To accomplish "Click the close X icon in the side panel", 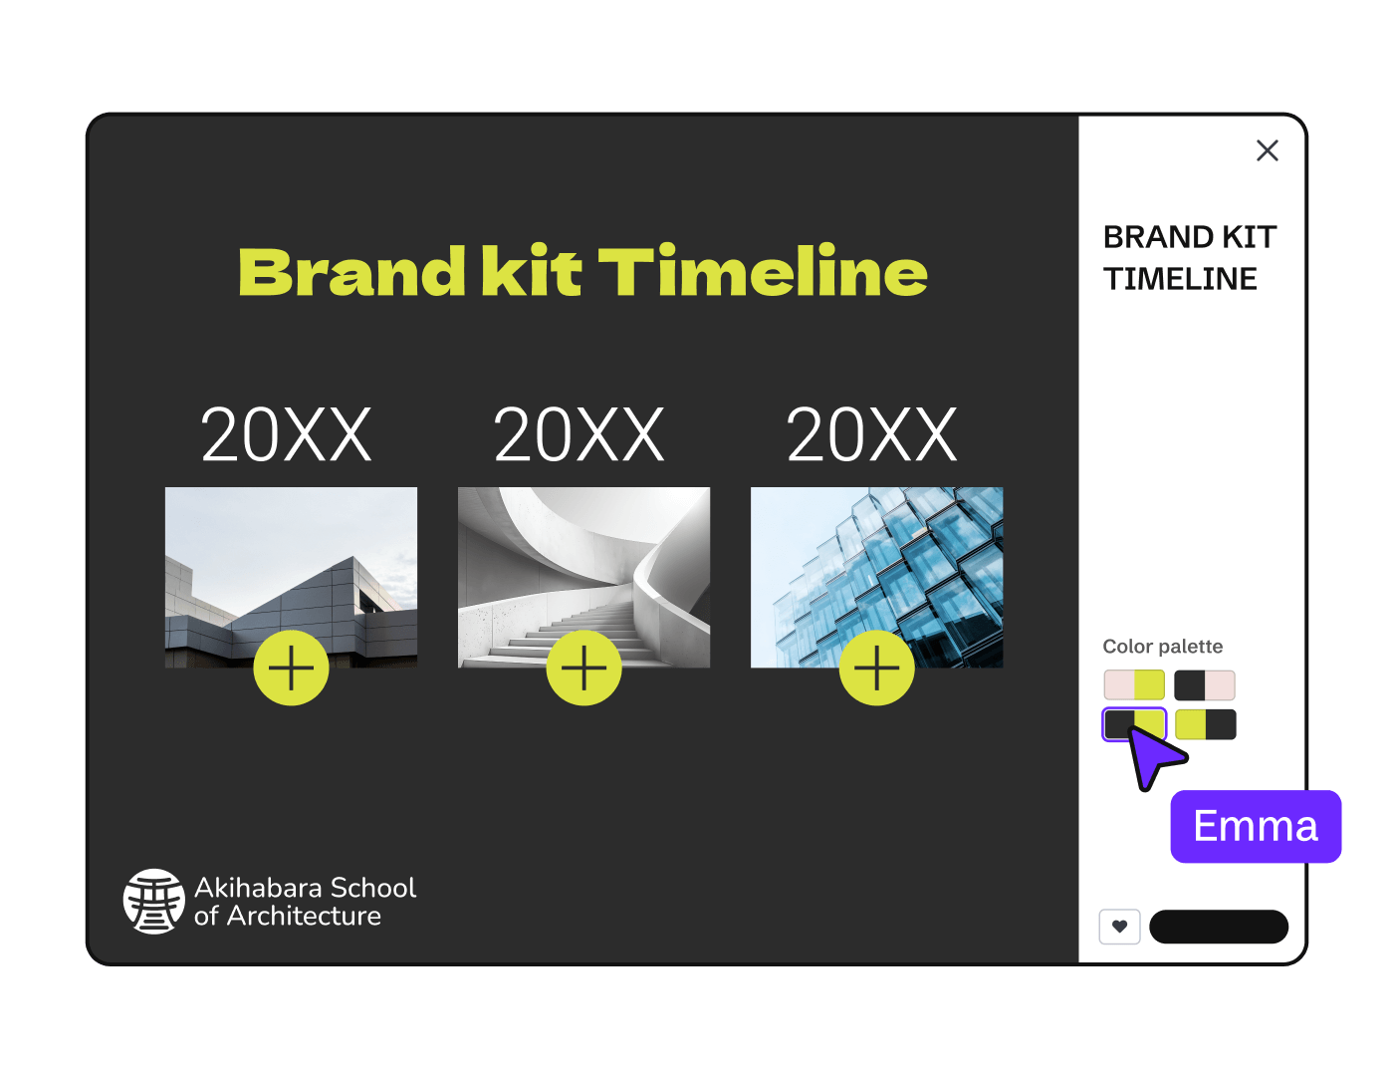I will pyautogui.click(x=1267, y=150).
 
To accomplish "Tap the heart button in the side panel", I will pyautogui.click(x=1119, y=927).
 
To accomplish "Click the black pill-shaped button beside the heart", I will pyautogui.click(x=1219, y=927).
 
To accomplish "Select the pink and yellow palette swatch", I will pyautogui.click(x=1134, y=685).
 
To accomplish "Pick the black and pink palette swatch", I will pyautogui.click(x=1205, y=685).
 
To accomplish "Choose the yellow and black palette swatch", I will pyautogui.click(x=1205, y=724).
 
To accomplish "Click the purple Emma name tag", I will pyautogui.click(x=1256, y=826).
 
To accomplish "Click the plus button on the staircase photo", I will pyautogui.click(x=583, y=668).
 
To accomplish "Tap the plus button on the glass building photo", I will pyautogui.click(x=876, y=668).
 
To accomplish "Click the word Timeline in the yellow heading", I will pyautogui.click(x=763, y=272).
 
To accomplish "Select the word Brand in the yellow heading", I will pyautogui.click(x=351, y=272).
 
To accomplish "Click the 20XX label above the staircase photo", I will pyautogui.click(x=579, y=435).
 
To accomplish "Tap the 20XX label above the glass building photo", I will pyautogui.click(x=871, y=435).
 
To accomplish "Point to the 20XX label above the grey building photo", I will pyautogui.click(x=286, y=435).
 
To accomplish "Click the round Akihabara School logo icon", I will pyautogui.click(x=153, y=901).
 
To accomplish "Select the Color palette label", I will pyautogui.click(x=1162, y=647).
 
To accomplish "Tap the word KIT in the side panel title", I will pyautogui.click(x=1249, y=237).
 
